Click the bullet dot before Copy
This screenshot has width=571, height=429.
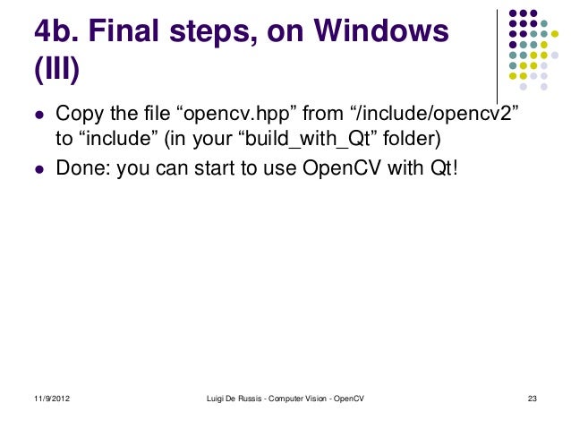click(x=39, y=117)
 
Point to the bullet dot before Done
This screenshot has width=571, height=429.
click(x=39, y=167)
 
